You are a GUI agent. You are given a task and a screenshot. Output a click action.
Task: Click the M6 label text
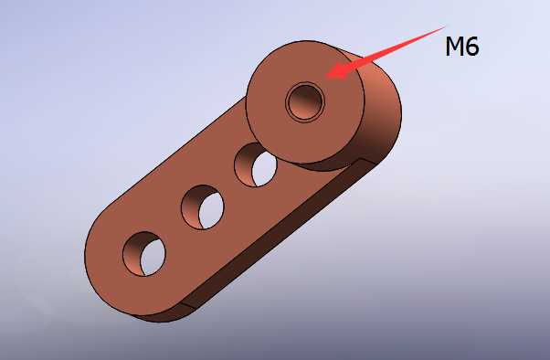pos(462,47)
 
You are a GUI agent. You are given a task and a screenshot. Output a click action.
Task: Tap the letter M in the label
pos(454,47)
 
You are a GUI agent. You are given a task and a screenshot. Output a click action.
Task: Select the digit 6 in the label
pos(472,47)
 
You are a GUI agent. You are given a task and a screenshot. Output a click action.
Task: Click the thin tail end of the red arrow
pos(445,26)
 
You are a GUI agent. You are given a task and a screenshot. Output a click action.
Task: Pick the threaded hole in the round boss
pos(305,101)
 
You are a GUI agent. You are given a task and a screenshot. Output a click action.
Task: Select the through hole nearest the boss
pos(256,164)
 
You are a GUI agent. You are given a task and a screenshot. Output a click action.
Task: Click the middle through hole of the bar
pos(203,207)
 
